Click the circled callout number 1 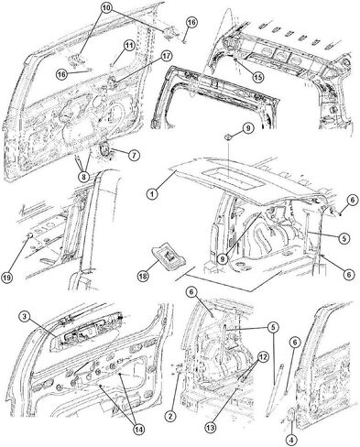pyautogui.click(x=152, y=193)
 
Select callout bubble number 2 pyautogui.click(x=170, y=415)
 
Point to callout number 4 pyautogui.click(x=291, y=440)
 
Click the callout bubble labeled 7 pyautogui.click(x=134, y=155)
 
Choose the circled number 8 pyautogui.click(x=83, y=176)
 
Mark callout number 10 pyautogui.click(x=106, y=9)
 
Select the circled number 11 pyautogui.click(x=129, y=46)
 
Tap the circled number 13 pyautogui.click(x=211, y=428)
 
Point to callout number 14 pyautogui.click(x=138, y=429)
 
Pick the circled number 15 pyautogui.click(x=258, y=77)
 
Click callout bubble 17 pyautogui.click(x=166, y=56)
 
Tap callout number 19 pyautogui.click(x=7, y=278)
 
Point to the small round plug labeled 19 pyautogui.click(x=29, y=235)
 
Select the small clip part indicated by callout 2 pyautogui.click(x=178, y=368)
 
